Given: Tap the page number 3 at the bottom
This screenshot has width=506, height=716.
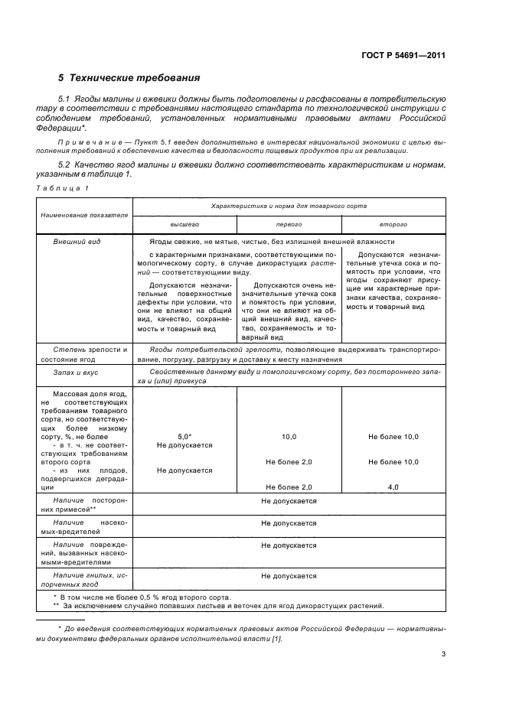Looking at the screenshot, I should click(443, 654).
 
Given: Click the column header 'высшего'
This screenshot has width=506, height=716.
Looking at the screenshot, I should click(184, 225).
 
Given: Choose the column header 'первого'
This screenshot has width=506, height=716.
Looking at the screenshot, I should click(289, 225).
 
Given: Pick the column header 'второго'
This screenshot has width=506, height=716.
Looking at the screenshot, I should click(393, 225).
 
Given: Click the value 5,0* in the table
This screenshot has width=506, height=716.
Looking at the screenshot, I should click(184, 435).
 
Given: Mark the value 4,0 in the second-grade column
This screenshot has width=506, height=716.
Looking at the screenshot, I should click(393, 487).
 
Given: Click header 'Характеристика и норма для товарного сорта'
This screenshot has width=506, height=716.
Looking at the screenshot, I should click(289, 206).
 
